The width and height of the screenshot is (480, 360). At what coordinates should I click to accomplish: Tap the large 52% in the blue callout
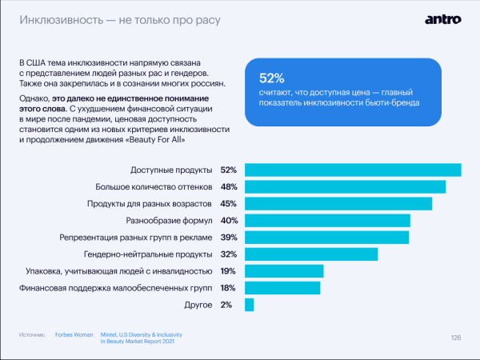(273, 78)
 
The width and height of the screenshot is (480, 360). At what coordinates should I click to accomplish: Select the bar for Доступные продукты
(352, 170)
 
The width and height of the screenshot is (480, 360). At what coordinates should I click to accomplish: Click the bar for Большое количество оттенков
(345, 186)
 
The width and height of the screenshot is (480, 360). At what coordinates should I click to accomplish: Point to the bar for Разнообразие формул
(327, 220)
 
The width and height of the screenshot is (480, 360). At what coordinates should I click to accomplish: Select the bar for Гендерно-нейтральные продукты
(310, 254)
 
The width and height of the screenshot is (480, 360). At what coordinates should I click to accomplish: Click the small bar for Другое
(249, 305)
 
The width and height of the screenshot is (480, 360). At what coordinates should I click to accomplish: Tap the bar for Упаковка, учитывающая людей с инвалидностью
(283, 271)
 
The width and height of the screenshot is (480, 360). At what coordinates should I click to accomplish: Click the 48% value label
(228, 186)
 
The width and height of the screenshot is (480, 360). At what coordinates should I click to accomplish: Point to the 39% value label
(228, 238)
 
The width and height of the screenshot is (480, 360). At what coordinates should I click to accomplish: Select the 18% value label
(227, 288)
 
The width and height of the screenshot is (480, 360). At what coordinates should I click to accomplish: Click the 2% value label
(226, 305)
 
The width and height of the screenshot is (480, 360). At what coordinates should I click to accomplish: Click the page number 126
(456, 338)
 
